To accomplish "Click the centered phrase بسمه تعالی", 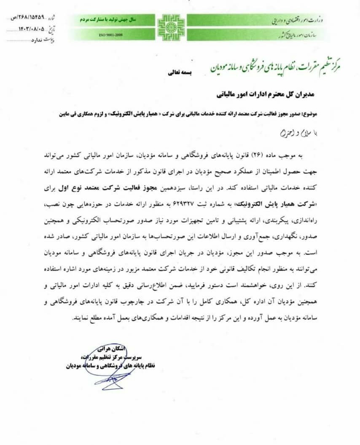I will [x=180, y=72].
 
